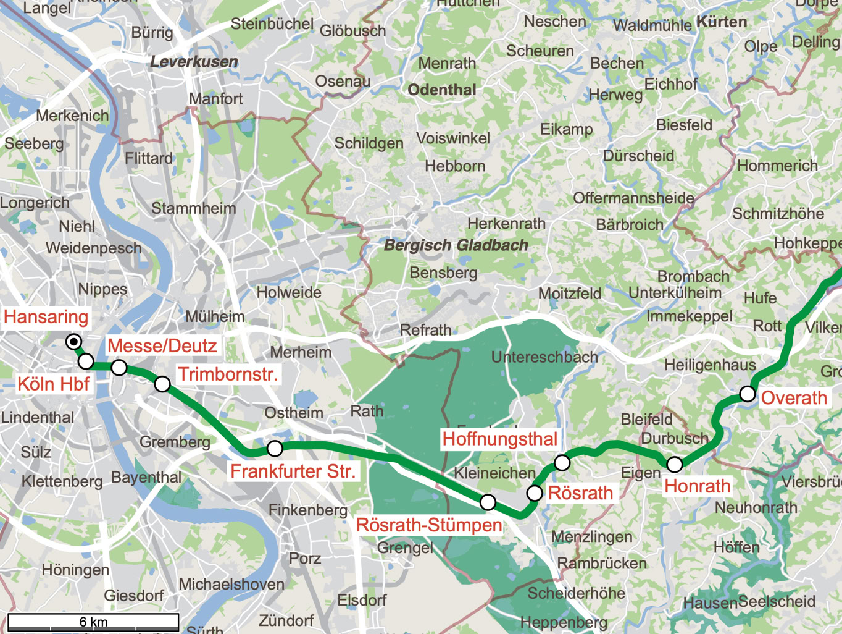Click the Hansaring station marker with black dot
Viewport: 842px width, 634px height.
pyautogui.click(x=74, y=342)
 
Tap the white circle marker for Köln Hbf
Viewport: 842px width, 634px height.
pyautogui.click(x=86, y=361)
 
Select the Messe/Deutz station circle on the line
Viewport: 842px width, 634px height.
pyautogui.click(x=119, y=368)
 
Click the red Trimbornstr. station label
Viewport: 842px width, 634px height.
pyautogui.click(x=228, y=374)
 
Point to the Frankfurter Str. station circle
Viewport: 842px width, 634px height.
pyautogui.click(x=275, y=448)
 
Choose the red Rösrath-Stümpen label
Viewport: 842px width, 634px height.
pyautogui.click(x=429, y=525)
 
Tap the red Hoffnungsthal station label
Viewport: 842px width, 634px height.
pyautogui.click(x=500, y=439)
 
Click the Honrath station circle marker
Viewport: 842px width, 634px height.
pyautogui.click(x=675, y=463)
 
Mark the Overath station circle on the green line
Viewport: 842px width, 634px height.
pyautogui.click(x=748, y=394)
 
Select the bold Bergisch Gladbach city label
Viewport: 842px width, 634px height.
pyautogui.click(x=456, y=245)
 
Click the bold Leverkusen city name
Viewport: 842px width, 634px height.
pyautogui.click(x=194, y=62)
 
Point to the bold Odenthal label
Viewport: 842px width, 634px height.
pyautogui.click(x=442, y=90)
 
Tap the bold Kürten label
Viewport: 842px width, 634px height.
pyautogui.click(x=722, y=22)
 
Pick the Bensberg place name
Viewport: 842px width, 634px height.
pyautogui.click(x=443, y=273)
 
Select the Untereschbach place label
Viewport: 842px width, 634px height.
pyautogui.click(x=544, y=357)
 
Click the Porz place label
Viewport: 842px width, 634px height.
pyautogui.click(x=305, y=559)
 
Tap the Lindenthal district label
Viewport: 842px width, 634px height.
pyautogui.click(x=38, y=418)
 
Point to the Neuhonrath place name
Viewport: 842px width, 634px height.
pyautogui.click(x=756, y=508)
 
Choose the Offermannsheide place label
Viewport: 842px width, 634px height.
pyautogui.click(x=633, y=198)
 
